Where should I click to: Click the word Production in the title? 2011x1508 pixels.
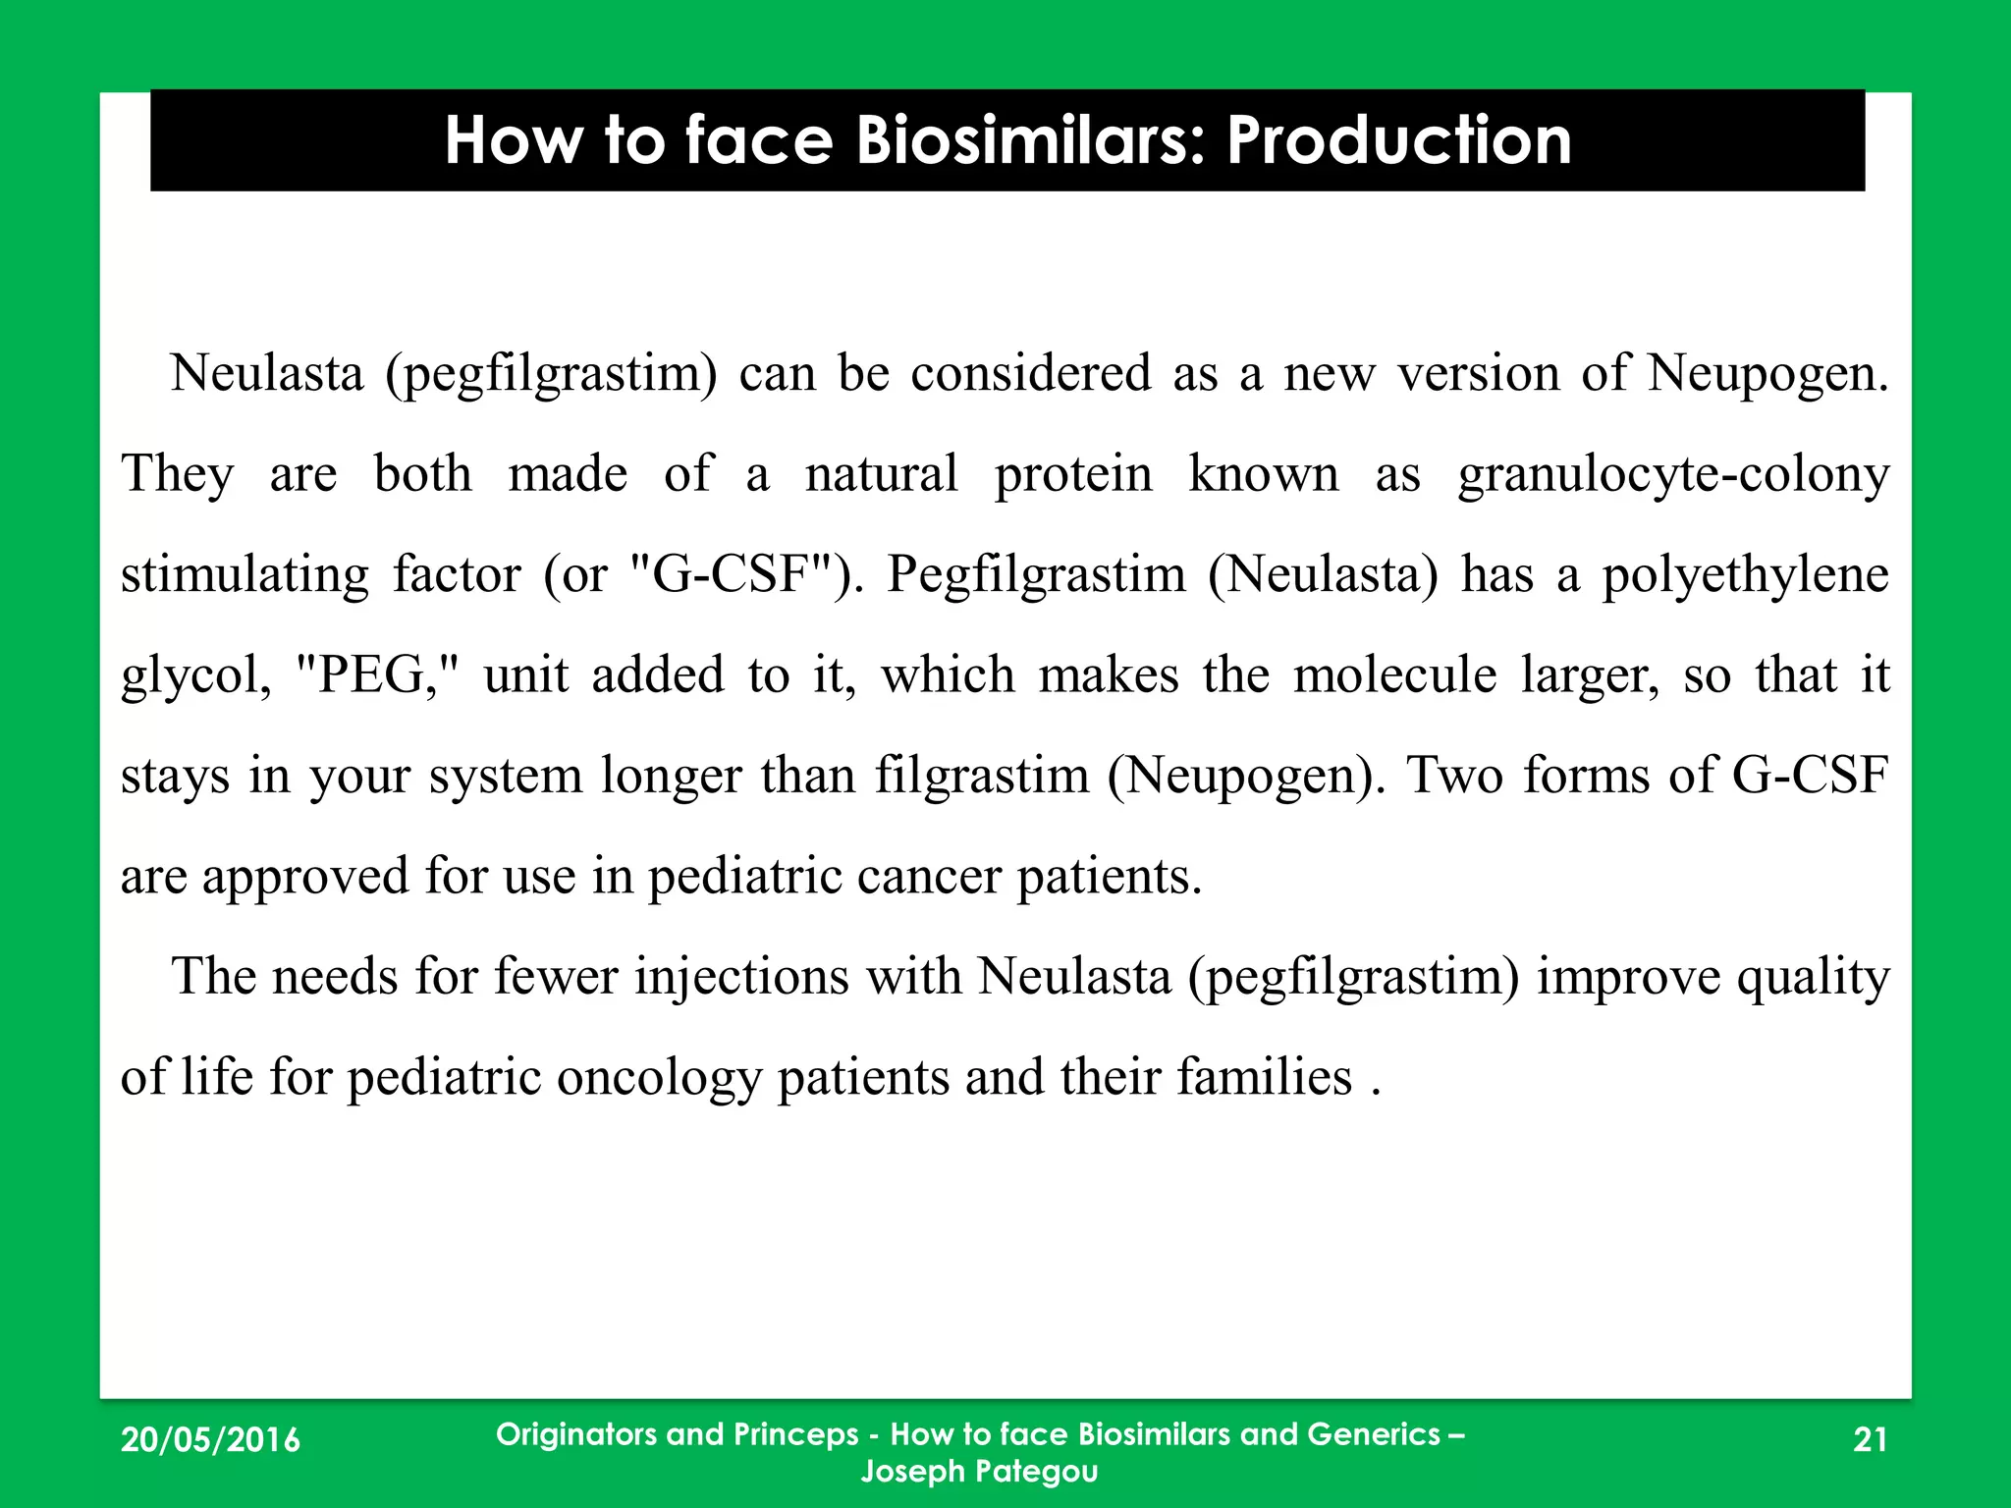(x=1398, y=140)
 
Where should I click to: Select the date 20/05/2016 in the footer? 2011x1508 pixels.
(x=210, y=1439)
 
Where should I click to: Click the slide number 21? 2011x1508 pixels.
(x=1870, y=1439)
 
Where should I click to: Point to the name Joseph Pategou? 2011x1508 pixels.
(x=979, y=1471)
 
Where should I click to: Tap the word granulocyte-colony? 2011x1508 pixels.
(x=1673, y=475)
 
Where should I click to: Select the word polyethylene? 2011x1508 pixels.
(x=1745, y=575)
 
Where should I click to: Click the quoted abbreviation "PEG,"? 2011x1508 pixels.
(x=377, y=675)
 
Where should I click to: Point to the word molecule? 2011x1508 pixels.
(x=1394, y=675)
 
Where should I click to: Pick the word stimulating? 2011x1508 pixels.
(x=245, y=575)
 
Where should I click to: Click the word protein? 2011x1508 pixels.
(x=1073, y=473)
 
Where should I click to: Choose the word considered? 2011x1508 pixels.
(x=1030, y=373)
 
